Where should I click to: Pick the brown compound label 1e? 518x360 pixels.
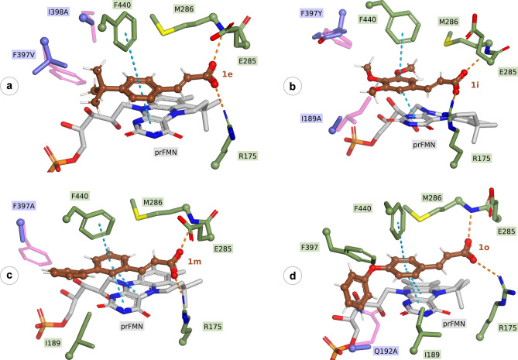[228, 73]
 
